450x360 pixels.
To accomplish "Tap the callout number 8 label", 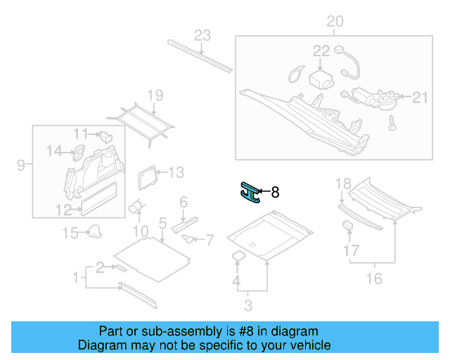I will [276, 191].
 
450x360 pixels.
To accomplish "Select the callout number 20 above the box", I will [335, 22].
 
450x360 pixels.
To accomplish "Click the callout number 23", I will [202, 36].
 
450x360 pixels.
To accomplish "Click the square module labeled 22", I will [322, 76].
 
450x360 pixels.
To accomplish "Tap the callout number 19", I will [155, 96].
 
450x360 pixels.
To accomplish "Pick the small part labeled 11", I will [105, 135].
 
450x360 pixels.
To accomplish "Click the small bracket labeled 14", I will [79, 149].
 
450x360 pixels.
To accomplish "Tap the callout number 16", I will [374, 278].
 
